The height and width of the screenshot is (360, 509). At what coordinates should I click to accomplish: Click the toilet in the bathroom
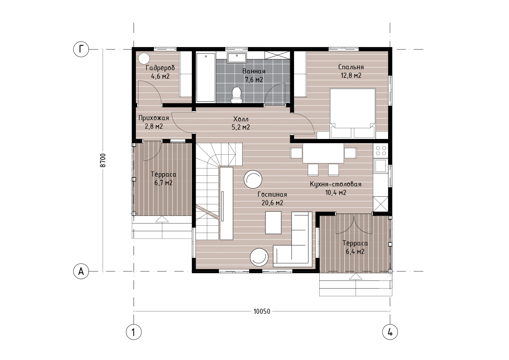pos(236,94)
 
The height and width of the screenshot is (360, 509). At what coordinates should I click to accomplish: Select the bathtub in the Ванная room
pos(206,77)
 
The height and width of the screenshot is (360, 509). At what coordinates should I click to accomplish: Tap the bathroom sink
pos(237,58)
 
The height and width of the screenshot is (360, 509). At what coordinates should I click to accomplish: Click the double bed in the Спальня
pos(353,113)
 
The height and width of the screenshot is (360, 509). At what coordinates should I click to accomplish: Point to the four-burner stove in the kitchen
pos(381,150)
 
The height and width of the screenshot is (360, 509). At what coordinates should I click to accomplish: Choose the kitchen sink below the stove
pos(380,165)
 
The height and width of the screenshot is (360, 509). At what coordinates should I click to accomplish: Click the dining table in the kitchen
pos(323,153)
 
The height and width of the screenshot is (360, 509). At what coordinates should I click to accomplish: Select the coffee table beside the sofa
pos(274,222)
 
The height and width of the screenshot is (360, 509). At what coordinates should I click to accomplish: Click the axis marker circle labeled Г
pos(81,49)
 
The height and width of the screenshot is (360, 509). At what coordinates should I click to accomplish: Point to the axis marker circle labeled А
pos(81,271)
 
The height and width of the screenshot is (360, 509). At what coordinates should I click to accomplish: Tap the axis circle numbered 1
pos(133,332)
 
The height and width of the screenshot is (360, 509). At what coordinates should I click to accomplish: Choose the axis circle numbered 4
pos(390,332)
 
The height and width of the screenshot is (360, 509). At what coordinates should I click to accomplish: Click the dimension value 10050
pos(262,312)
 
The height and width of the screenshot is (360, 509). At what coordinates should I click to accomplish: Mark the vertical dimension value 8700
pos(103,160)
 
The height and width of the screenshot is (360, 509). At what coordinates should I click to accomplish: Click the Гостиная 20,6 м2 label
pos(272,199)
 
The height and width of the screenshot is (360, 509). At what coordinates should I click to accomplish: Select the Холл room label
pos(241,119)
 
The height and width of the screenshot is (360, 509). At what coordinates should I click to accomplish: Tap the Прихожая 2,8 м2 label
pos(153,122)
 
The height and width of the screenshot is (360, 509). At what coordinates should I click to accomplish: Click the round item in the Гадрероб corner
pos(144,59)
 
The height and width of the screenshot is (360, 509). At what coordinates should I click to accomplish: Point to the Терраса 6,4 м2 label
pos(355,248)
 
